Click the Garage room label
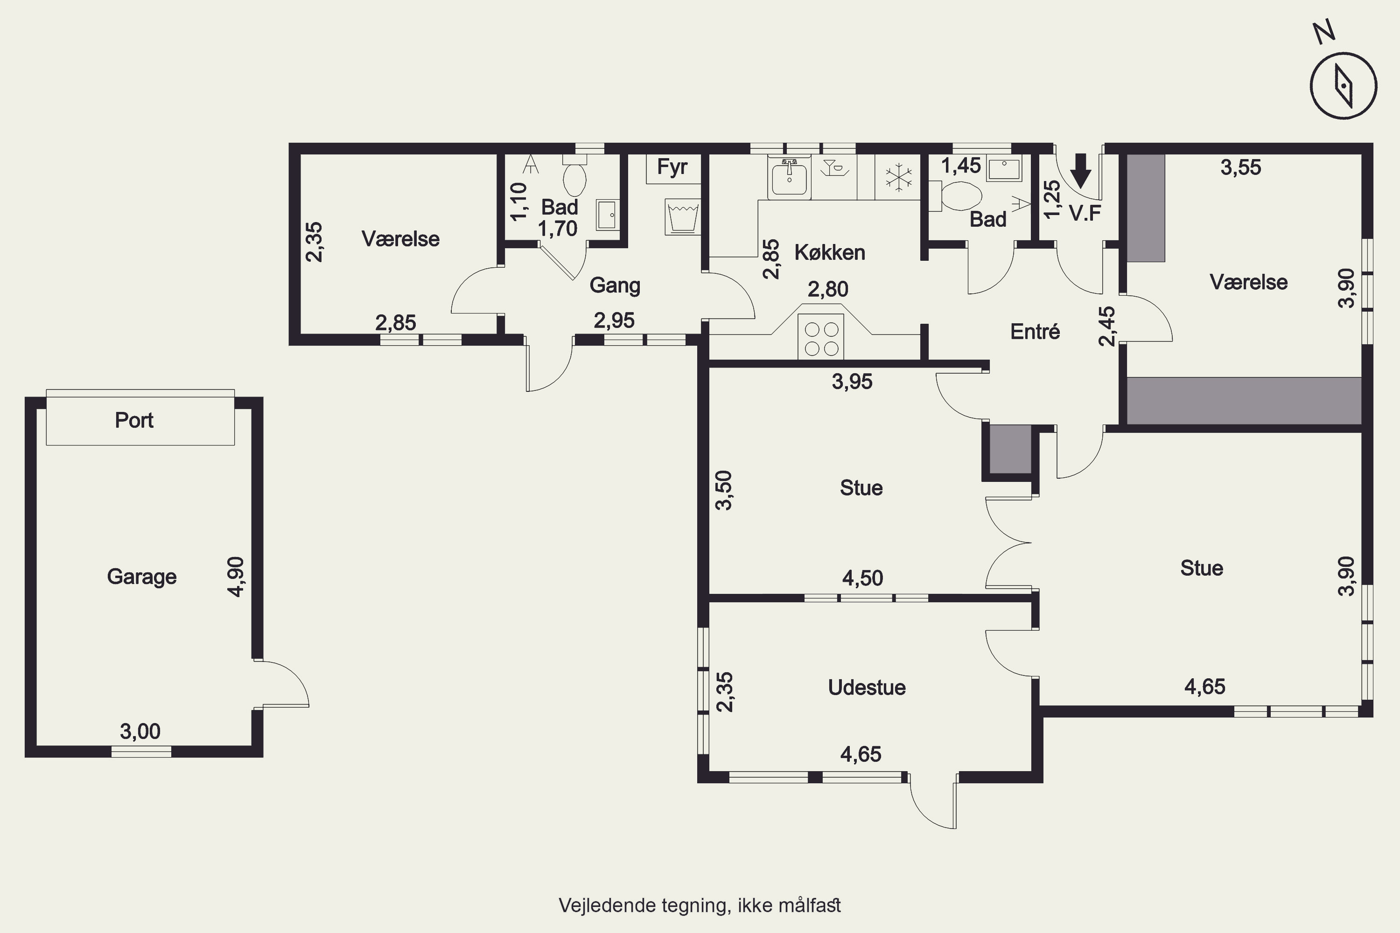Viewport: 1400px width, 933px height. [142, 577]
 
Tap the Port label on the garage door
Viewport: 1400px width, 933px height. [134, 421]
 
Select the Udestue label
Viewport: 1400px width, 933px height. [867, 688]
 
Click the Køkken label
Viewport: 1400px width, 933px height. [830, 252]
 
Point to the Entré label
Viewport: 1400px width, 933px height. [1035, 331]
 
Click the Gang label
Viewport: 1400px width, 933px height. [615, 285]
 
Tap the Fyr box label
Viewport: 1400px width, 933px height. [672, 167]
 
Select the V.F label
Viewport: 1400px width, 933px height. [1085, 213]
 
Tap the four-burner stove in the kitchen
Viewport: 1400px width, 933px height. [821, 337]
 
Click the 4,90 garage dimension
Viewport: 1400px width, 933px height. [236, 577]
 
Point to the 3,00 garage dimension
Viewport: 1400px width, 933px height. [140, 731]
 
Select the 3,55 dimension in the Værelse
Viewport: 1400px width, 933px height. [1240, 167]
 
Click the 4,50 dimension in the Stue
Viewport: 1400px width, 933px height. [862, 578]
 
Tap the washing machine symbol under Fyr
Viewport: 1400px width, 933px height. [683, 216]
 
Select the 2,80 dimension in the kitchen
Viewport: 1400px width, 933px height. [828, 289]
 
